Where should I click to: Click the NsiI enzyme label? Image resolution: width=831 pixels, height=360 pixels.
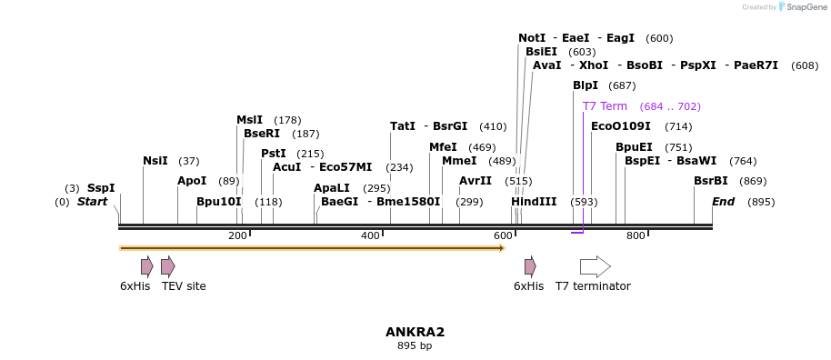tap(155, 161)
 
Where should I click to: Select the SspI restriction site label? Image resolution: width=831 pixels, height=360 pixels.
tap(101, 188)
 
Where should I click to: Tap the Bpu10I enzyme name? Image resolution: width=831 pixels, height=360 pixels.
tap(219, 202)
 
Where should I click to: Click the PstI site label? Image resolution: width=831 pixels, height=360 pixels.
tap(274, 154)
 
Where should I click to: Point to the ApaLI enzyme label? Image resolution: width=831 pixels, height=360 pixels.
tap(332, 188)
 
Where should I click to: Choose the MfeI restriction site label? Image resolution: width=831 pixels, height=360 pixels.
tap(443, 147)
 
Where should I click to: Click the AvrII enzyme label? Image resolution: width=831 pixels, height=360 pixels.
tap(476, 181)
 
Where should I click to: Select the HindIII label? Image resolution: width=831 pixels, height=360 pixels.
tap(534, 202)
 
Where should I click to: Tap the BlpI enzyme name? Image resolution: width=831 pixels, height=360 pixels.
tap(586, 85)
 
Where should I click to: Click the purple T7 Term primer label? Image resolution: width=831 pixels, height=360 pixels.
tap(605, 106)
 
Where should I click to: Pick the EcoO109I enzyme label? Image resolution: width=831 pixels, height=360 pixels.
tap(621, 126)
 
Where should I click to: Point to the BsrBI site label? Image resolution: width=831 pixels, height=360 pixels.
tap(711, 181)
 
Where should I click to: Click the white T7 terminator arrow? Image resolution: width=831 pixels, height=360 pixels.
tap(596, 266)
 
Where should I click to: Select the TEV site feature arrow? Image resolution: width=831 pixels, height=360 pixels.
tap(168, 266)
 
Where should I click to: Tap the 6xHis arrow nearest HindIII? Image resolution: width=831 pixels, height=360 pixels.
tap(530, 266)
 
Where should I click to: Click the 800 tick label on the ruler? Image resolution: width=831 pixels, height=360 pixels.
tap(636, 236)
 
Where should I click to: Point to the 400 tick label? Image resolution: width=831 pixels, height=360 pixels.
tap(370, 236)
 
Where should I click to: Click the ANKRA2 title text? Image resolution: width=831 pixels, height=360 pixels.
tap(415, 332)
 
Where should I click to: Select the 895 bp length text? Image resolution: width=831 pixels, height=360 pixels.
tap(415, 345)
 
